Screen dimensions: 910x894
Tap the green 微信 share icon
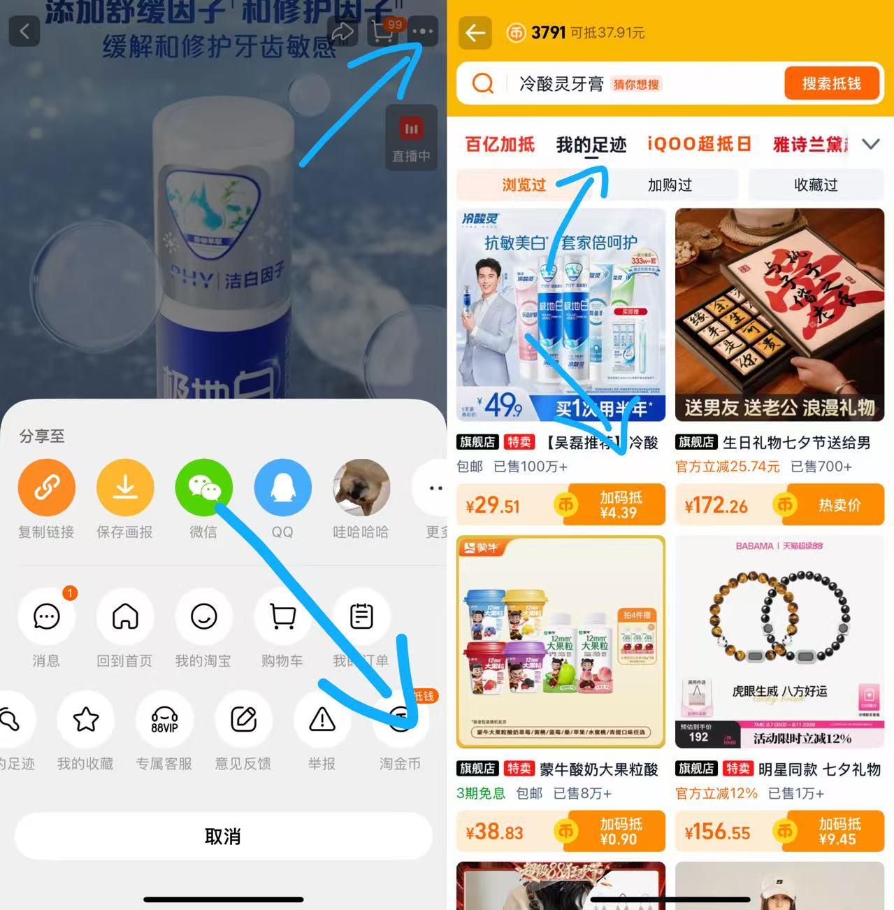click(x=203, y=488)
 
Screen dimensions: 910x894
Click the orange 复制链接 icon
click(x=46, y=488)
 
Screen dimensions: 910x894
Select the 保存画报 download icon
click(x=125, y=488)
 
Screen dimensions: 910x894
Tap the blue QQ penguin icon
click(x=282, y=488)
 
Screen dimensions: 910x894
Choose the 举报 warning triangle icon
click(x=322, y=719)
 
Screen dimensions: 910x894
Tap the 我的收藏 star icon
click(x=86, y=719)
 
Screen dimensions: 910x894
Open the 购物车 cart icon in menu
click(x=282, y=616)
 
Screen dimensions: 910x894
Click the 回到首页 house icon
click(x=125, y=616)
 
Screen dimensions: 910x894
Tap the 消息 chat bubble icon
click(x=46, y=616)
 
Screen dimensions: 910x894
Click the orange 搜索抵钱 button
click(x=831, y=84)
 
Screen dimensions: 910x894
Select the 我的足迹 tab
click(x=591, y=145)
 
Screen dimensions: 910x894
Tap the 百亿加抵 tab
click(x=500, y=145)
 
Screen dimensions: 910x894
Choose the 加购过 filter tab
click(x=670, y=185)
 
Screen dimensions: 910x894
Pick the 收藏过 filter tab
click(x=816, y=185)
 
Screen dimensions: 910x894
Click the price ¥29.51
click(x=493, y=505)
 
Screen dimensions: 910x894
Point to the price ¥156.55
click(x=717, y=832)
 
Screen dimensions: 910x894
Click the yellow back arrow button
click(x=475, y=33)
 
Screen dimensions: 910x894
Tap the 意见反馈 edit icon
click(x=243, y=719)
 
